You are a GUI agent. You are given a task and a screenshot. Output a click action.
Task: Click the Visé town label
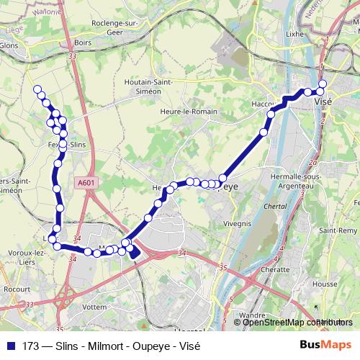324,102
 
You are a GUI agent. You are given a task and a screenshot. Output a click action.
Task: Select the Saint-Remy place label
338,230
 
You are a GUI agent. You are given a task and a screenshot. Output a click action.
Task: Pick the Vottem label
95,306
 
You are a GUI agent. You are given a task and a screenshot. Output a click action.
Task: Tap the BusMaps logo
325,343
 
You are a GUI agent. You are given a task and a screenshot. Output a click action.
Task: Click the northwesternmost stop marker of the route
37,89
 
